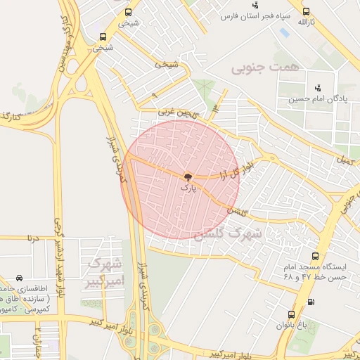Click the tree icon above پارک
tap(187, 177)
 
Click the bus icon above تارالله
tap(307, 11)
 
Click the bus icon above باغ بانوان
tap(291, 314)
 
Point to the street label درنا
tap(33, 238)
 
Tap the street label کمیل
tap(345, 160)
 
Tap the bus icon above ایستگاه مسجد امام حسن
tap(314, 257)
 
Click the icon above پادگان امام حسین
tap(318, 88)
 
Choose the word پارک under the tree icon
tap(186, 188)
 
